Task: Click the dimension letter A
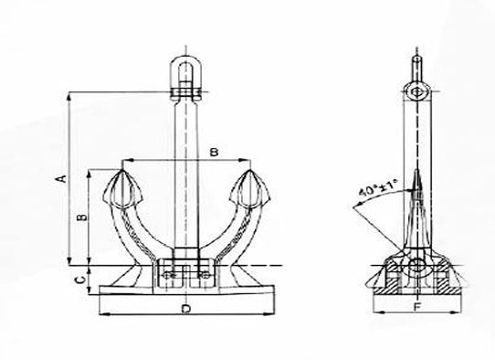pos(63,178)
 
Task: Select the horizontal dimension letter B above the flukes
pos(215,153)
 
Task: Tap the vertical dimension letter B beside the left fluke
pos(81,217)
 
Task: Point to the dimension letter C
pos(80,280)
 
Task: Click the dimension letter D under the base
pos(186,309)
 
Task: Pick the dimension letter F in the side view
pos(417,306)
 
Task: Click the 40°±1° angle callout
pos(378,188)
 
